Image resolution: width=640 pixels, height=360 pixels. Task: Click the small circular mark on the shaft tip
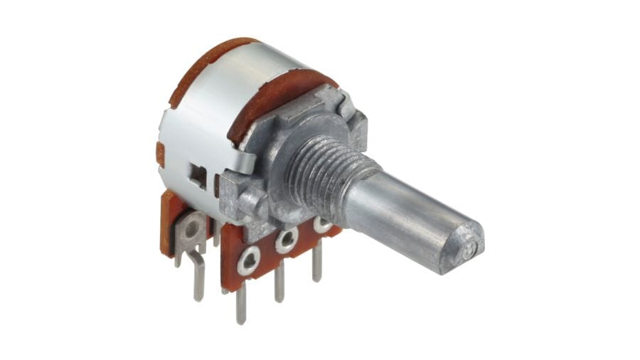pos(469,250)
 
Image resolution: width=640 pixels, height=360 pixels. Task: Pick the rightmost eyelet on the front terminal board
pos(322,226)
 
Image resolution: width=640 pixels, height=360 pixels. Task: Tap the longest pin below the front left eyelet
pos(242,302)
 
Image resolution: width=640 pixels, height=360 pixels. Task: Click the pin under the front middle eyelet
pos(280,281)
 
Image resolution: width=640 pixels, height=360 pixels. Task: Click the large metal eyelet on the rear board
pos(191,228)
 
